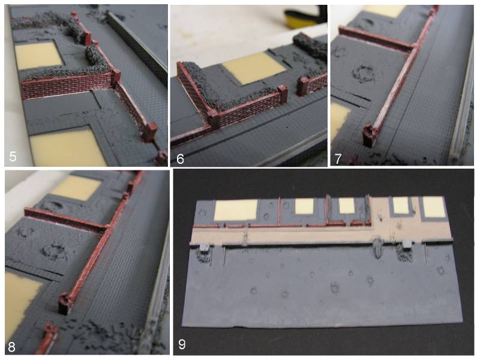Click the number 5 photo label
[x=13, y=157]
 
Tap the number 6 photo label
[x=181, y=159]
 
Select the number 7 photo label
[x=338, y=159]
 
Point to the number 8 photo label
[x=11, y=347]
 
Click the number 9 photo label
[x=182, y=344]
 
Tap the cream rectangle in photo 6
[x=254, y=67]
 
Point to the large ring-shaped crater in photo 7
[x=364, y=73]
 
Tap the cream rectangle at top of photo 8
[x=76, y=188]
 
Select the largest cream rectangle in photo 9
[x=236, y=209]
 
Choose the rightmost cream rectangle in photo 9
[x=433, y=206]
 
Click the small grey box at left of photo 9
[x=204, y=247]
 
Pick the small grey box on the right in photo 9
[x=407, y=244]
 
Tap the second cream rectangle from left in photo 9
[x=304, y=206]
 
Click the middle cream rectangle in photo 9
[x=347, y=206]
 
